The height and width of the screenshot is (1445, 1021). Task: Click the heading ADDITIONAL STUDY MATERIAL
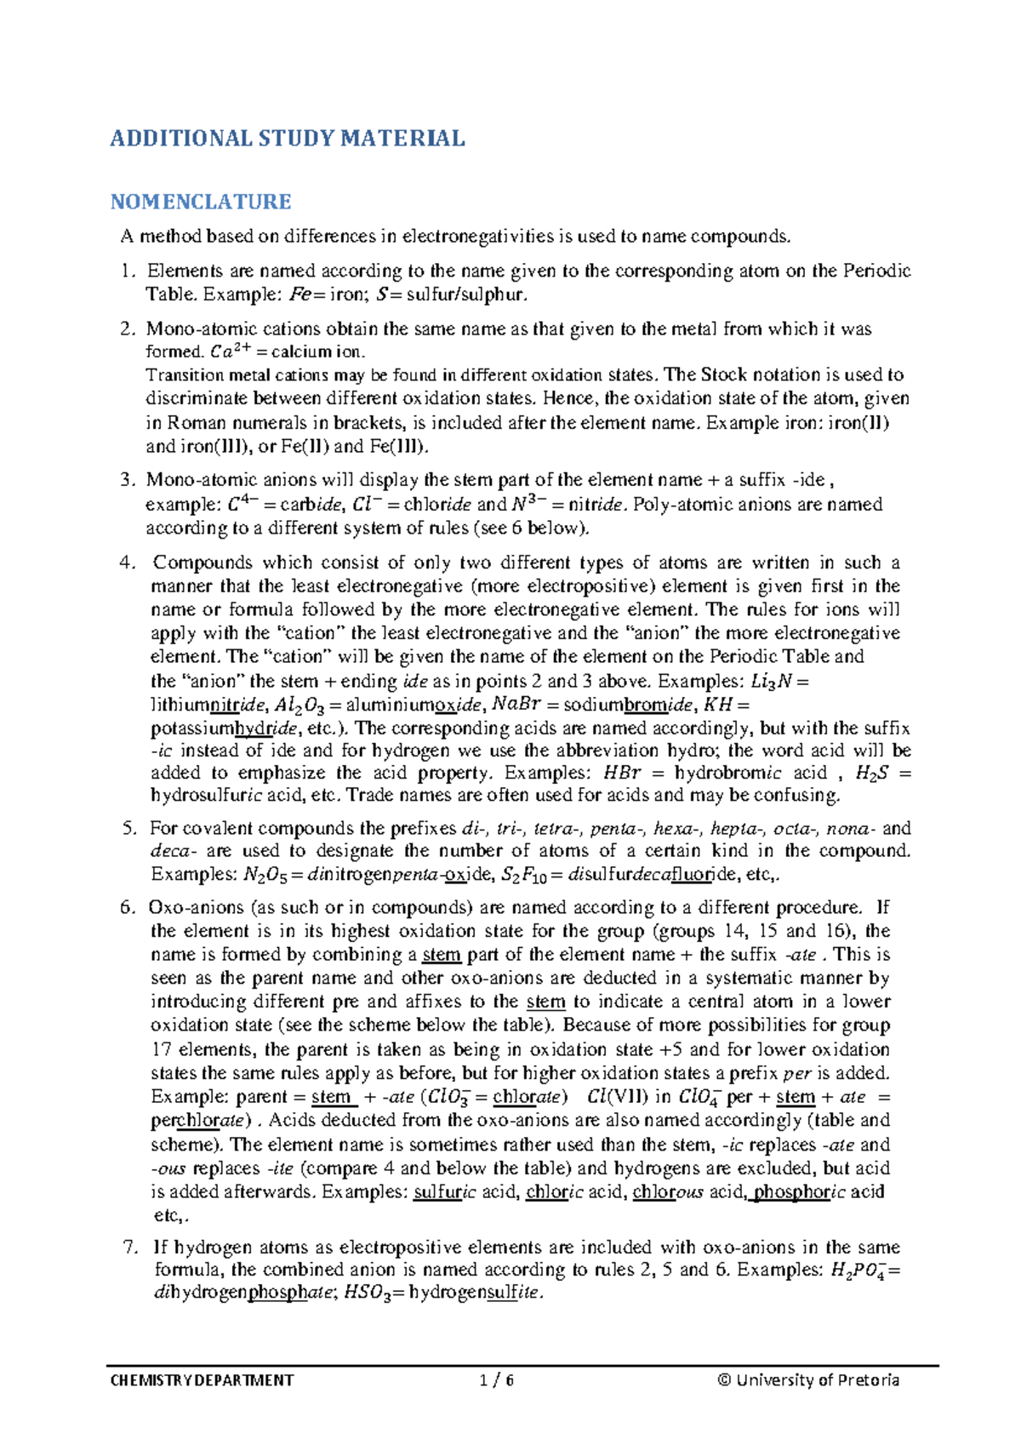(x=287, y=139)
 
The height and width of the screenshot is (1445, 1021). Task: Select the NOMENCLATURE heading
(x=201, y=202)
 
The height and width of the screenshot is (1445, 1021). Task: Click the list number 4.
(x=128, y=563)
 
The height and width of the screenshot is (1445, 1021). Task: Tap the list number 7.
(x=130, y=1248)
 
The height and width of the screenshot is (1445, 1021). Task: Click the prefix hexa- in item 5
(x=677, y=828)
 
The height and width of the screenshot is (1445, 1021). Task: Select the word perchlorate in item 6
(x=200, y=1120)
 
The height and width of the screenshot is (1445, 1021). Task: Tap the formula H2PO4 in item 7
(x=861, y=1271)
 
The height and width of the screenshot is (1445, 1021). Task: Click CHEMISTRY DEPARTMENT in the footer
(x=202, y=1379)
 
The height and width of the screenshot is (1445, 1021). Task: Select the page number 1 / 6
(x=497, y=1379)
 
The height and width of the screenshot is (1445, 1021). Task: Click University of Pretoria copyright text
(x=807, y=1379)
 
